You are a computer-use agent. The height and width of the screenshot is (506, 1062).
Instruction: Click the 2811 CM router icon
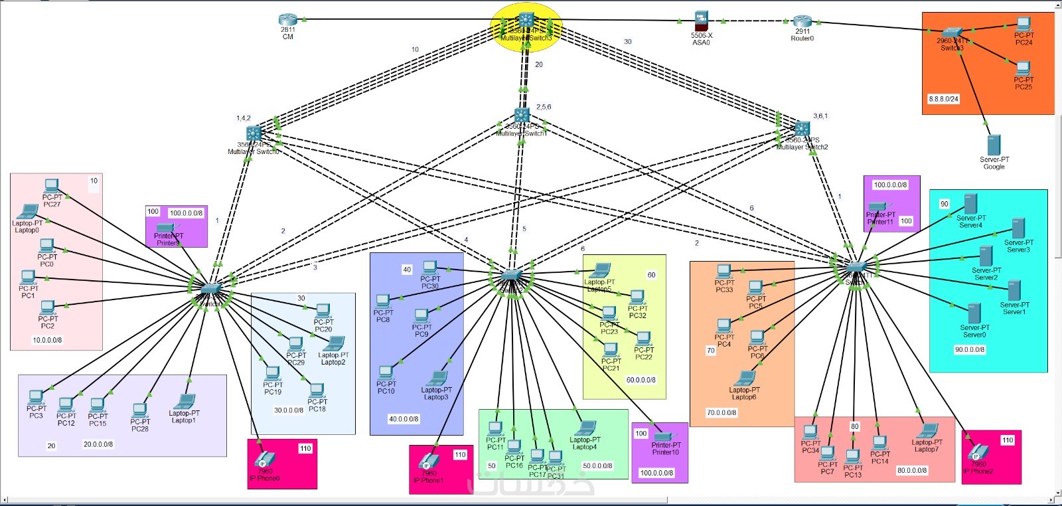coord(287,20)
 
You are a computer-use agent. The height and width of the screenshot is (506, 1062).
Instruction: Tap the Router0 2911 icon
coord(802,21)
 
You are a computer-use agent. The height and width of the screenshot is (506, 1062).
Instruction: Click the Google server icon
coord(994,145)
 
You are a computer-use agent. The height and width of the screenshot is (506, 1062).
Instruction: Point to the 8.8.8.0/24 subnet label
coord(943,99)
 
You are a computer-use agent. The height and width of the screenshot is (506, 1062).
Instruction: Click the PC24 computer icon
coord(1024,25)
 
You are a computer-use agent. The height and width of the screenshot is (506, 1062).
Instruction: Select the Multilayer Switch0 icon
coord(254,133)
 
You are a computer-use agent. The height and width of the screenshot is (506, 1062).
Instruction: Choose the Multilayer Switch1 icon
coord(522,116)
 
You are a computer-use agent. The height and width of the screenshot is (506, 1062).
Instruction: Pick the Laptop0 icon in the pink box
coord(28,212)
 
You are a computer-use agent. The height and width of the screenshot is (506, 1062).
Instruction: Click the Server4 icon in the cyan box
coord(970,204)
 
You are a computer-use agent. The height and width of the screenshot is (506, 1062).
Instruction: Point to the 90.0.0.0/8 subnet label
coord(969,349)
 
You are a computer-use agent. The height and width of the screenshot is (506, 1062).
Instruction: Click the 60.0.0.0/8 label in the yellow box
coord(641,380)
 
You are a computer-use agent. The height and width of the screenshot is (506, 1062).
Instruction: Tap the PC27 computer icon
coord(52,186)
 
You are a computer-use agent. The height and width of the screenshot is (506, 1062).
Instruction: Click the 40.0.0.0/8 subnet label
coord(404,419)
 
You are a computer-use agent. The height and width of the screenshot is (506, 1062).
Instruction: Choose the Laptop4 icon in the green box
coord(585,428)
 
